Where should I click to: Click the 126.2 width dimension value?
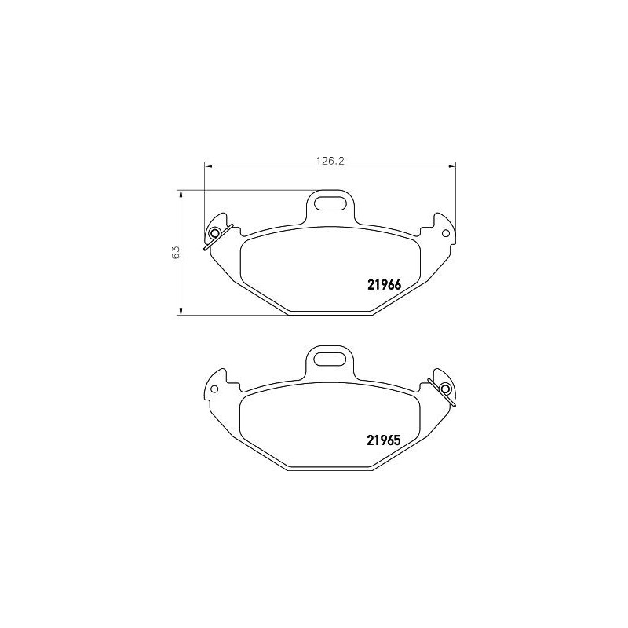click(x=330, y=161)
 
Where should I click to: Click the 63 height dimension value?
click(x=176, y=252)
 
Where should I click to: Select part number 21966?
click(x=384, y=285)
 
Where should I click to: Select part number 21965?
click(x=384, y=440)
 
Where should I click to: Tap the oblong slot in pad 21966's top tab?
click(x=330, y=203)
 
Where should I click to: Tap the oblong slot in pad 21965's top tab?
click(x=330, y=359)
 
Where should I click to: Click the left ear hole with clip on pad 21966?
click(x=214, y=233)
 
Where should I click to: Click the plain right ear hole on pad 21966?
click(x=445, y=233)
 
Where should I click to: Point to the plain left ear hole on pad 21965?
click(x=214, y=389)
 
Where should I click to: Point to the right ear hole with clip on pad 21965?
click(x=445, y=389)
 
